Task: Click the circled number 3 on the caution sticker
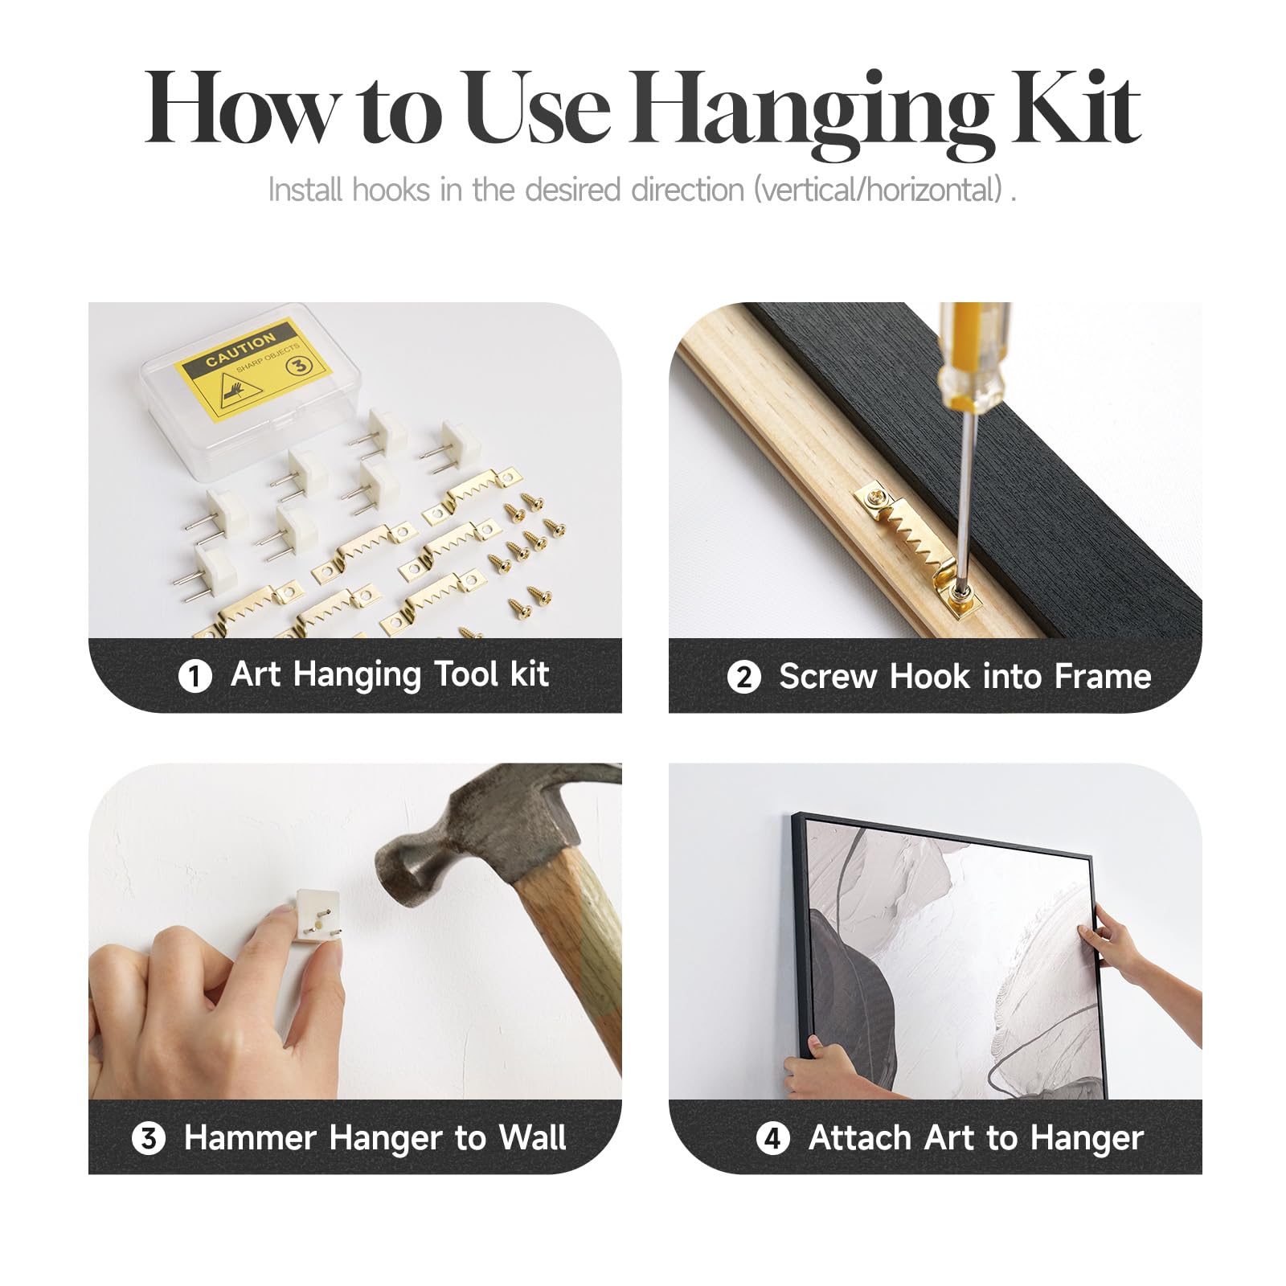(x=298, y=366)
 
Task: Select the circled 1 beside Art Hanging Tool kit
(x=195, y=676)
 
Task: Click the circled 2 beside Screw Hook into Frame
(x=743, y=677)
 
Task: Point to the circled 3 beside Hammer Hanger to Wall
(x=149, y=1138)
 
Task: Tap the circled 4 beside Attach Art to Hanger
(x=772, y=1138)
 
